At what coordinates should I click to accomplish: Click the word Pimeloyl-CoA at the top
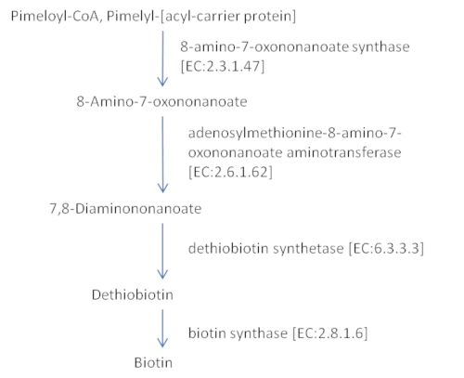55,16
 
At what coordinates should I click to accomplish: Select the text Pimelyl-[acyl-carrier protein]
201,17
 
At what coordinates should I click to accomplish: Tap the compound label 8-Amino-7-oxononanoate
161,101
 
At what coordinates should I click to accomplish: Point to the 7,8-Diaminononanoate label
125,209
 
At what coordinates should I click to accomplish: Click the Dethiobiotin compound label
133,294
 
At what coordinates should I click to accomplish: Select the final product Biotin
153,362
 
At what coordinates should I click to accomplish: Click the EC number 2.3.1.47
223,66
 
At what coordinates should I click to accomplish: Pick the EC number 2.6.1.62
230,172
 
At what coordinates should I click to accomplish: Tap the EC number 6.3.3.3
386,248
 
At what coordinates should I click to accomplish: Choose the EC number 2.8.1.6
329,333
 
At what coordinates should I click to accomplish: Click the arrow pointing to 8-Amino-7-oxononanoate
162,59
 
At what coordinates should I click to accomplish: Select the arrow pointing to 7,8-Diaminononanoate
162,154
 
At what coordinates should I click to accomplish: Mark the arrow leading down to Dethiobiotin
162,251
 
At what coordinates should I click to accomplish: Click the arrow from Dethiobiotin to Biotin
162,328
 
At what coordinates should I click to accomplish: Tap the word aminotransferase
344,152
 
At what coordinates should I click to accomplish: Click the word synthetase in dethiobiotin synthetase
308,248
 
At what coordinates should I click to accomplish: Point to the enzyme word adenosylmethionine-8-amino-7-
295,134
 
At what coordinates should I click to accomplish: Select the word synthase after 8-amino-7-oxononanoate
380,47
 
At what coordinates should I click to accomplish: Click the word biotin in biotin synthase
207,333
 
